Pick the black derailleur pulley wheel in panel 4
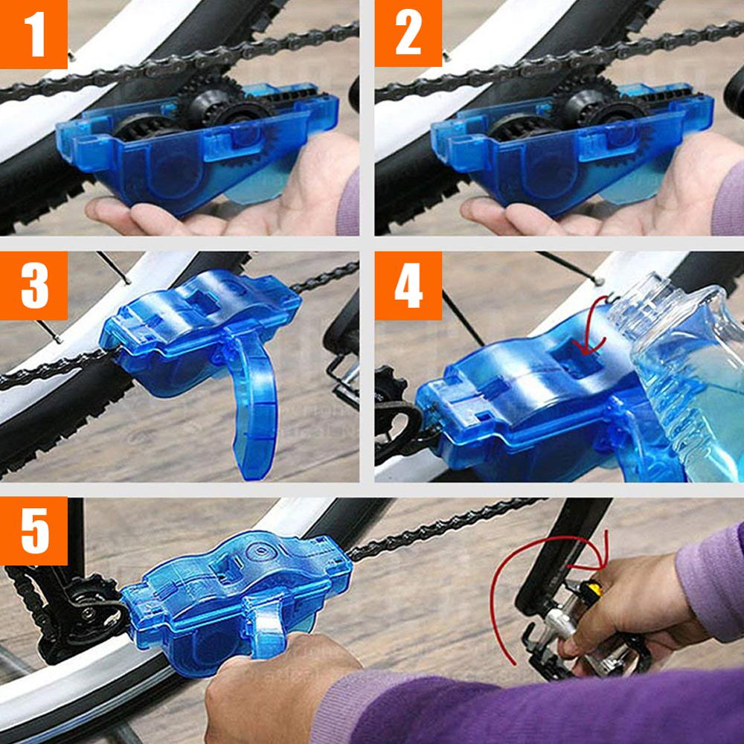391,394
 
